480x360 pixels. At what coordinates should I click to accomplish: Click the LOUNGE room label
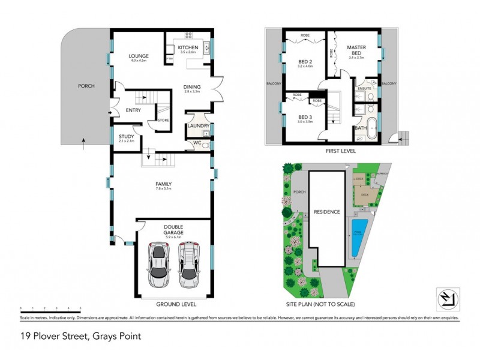point(139,56)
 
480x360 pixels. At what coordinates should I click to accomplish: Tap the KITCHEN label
point(188,47)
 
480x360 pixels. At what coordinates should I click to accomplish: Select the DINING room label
point(192,88)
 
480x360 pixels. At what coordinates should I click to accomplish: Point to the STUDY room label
point(126,137)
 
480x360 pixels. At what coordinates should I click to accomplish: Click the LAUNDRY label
point(198,125)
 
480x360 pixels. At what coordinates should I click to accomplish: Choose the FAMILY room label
point(164,184)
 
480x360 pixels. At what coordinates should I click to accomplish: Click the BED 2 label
point(305,61)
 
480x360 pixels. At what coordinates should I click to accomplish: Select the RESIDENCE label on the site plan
point(327,212)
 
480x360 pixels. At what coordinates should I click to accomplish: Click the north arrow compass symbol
point(446,298)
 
